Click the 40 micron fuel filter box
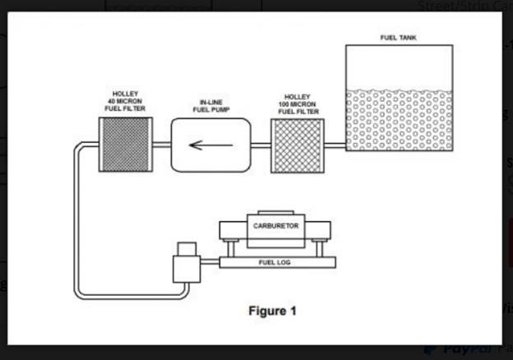[125, 145]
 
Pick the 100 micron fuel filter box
[298, 145]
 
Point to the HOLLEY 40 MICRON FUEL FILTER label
[126, 102]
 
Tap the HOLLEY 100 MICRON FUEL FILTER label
[298, 102]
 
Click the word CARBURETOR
[276, 224]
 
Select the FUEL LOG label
[275, 262]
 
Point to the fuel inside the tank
[399, 119]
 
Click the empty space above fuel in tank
[399, 66]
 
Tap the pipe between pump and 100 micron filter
[261, 145]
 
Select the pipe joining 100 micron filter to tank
[335, 145]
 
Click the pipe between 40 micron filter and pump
[162, 145]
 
